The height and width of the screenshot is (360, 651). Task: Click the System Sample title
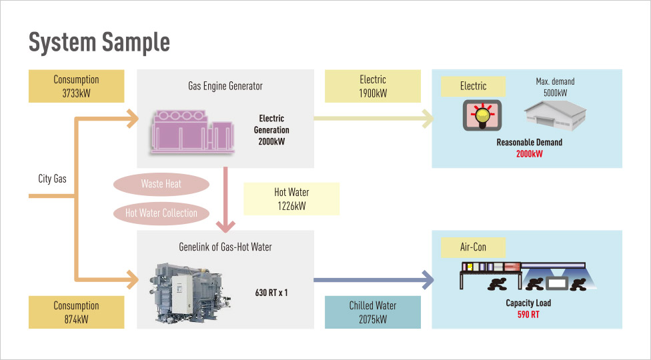[99, 43]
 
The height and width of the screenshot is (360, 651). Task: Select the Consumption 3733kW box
[76, 86]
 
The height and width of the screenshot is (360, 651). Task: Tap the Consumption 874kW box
[76, 312]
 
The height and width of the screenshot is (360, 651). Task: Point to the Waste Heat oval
[161, 184]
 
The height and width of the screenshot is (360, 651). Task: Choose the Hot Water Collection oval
[161, 213]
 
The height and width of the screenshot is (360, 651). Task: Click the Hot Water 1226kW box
[291, 199]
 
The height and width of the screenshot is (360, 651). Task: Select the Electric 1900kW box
[372, 86]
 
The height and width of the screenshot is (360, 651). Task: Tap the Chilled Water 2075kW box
[372, 312]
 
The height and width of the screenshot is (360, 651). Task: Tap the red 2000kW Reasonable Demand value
[529, 154]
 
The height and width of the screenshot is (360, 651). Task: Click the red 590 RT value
[528, 315]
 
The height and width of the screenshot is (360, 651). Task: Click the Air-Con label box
[473, 247]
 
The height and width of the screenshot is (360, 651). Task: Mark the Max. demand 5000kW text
[555, 87]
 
